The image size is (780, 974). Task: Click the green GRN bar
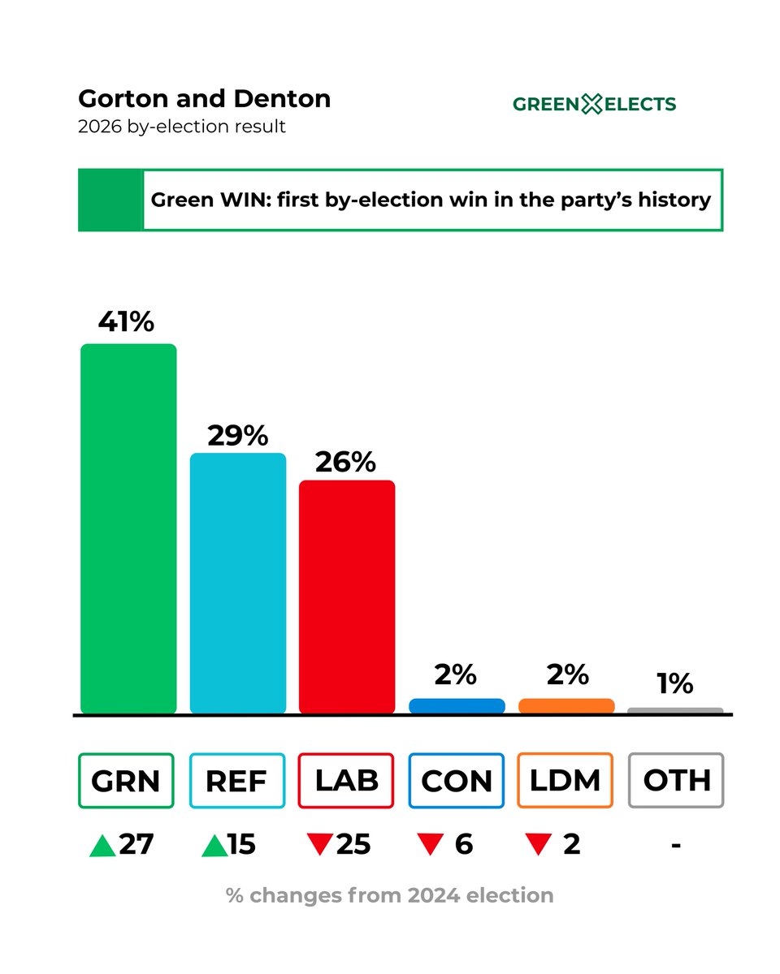click(x=128, y=528)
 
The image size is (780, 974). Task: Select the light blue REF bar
click(x=238, y=583)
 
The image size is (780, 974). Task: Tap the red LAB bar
click(x=347, y=597)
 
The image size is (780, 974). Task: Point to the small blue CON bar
click(x=457, y=706)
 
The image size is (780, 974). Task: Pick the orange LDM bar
click(x=566, y=706)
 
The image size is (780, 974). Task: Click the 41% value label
click(x=126, y=322)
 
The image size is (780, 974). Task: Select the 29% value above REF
click(x=237, y=436)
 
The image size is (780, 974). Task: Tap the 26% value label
click(x=346, y=462)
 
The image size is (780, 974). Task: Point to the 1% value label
click(x=675, y=683)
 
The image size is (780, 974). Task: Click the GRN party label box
click(x=126, y=781)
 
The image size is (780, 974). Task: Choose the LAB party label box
click(x=346, y=781)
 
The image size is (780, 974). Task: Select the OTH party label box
click(x=676, y=781)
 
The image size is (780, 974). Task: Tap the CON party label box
click(x=457, y=781)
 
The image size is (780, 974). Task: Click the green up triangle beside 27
click(x=102, y=846)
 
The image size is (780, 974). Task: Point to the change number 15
click(x=241, y=845)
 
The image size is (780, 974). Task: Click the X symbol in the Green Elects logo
click(x=592, y=104)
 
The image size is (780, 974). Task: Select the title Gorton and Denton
click(x=204, y=99)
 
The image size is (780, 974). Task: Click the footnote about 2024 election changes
click(x=390, y=895)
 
